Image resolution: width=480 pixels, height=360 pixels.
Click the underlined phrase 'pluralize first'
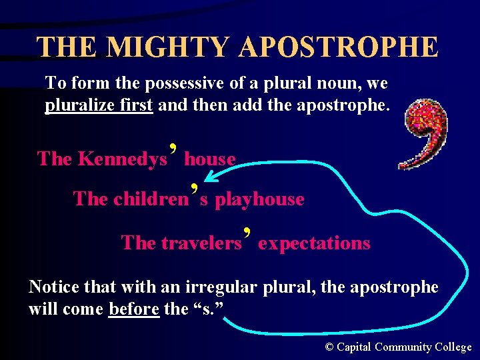point(99,105)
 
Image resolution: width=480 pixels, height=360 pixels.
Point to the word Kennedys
point(122,159)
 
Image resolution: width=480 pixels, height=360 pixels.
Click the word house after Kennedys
point(210,159)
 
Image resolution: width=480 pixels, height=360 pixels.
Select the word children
point(151,199)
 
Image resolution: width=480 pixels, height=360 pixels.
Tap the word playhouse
point(259,199)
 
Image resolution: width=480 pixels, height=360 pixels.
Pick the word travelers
point(201,243)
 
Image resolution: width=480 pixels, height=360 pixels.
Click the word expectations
point(314,243)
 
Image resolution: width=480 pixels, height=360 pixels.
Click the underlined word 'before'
point(134,309)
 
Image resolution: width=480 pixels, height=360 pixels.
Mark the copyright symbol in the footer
point(329,347)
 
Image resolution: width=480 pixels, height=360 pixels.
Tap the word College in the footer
point(453,347)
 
